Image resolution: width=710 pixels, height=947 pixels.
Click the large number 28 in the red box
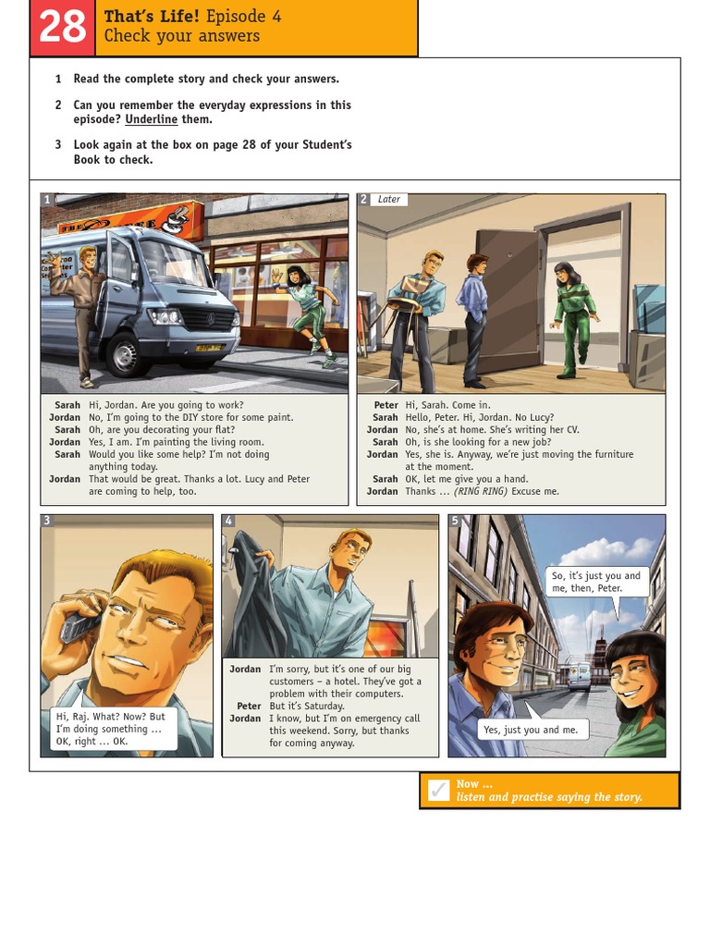[62, 28]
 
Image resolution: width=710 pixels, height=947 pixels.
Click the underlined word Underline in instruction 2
[151, 119]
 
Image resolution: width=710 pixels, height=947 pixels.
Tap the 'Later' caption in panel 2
[388, 199]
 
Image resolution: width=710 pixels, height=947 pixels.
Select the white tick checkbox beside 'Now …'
[439, 791]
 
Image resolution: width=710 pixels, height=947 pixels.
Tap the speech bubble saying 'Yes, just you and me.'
[530, 730]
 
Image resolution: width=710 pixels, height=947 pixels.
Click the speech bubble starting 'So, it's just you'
[595, 582]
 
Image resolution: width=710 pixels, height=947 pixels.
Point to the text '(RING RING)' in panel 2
[481, 491]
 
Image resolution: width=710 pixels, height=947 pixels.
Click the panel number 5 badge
[455, 521]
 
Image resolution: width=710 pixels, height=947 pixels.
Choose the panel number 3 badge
[47, 521]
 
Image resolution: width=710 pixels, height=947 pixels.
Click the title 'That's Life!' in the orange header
[152, 16]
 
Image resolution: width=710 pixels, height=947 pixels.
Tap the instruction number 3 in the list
[57, 144]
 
